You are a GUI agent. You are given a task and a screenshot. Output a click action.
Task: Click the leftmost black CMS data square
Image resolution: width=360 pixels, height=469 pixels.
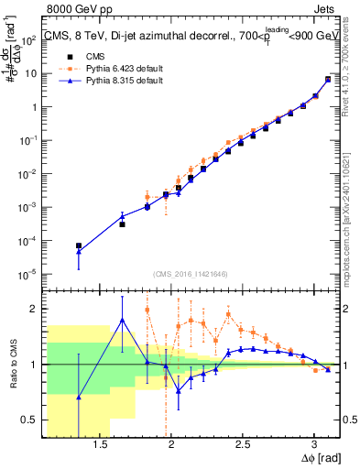tap(79, 245)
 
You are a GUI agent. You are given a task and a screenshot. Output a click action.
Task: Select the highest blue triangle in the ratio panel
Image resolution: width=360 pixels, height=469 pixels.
tap(122, 320)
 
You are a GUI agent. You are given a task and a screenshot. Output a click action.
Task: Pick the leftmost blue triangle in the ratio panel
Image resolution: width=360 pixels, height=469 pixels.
tap(79, 397)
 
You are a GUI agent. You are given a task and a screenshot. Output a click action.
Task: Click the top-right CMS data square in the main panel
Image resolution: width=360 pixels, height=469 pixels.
tap(328, 80)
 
